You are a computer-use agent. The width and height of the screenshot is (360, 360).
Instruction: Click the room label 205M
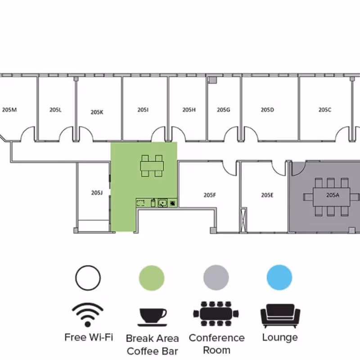tap(9, 110)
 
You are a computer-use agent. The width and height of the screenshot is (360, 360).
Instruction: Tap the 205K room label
tap(97, 112)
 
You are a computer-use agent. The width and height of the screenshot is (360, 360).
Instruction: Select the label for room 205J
tap(97, 193)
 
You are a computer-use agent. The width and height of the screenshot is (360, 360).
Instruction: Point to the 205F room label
tap(210, 195)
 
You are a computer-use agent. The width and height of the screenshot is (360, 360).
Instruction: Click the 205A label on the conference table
tap(333, 195)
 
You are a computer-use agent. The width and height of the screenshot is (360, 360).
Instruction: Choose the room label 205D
tap(267, 110)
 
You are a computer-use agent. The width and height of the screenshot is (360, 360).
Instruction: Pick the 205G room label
tap(223, 110)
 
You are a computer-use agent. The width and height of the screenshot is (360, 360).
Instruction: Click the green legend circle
tap(152, 278)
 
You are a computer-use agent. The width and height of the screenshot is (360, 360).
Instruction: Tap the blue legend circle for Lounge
tap(279, 277)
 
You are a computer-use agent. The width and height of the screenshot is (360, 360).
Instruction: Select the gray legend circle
tap(216, 278)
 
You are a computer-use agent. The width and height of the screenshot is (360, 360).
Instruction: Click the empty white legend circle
tap(88, 278)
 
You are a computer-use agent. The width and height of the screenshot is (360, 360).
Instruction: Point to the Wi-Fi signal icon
tap(87, 315)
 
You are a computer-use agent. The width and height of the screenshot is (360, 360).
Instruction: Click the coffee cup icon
tap(153, 317)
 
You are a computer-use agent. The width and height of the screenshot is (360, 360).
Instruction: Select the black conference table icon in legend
tap(216, 314)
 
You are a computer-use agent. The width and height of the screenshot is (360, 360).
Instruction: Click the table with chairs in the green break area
tap(152, 166)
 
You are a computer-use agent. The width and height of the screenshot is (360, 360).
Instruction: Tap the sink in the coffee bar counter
tap(162, 203)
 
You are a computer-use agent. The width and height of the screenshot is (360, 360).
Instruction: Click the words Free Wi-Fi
tap(89, 337)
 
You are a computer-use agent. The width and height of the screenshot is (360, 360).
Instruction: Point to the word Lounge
tap(280, 337)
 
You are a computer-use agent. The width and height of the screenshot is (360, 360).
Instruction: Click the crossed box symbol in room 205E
tap(243, 220)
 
